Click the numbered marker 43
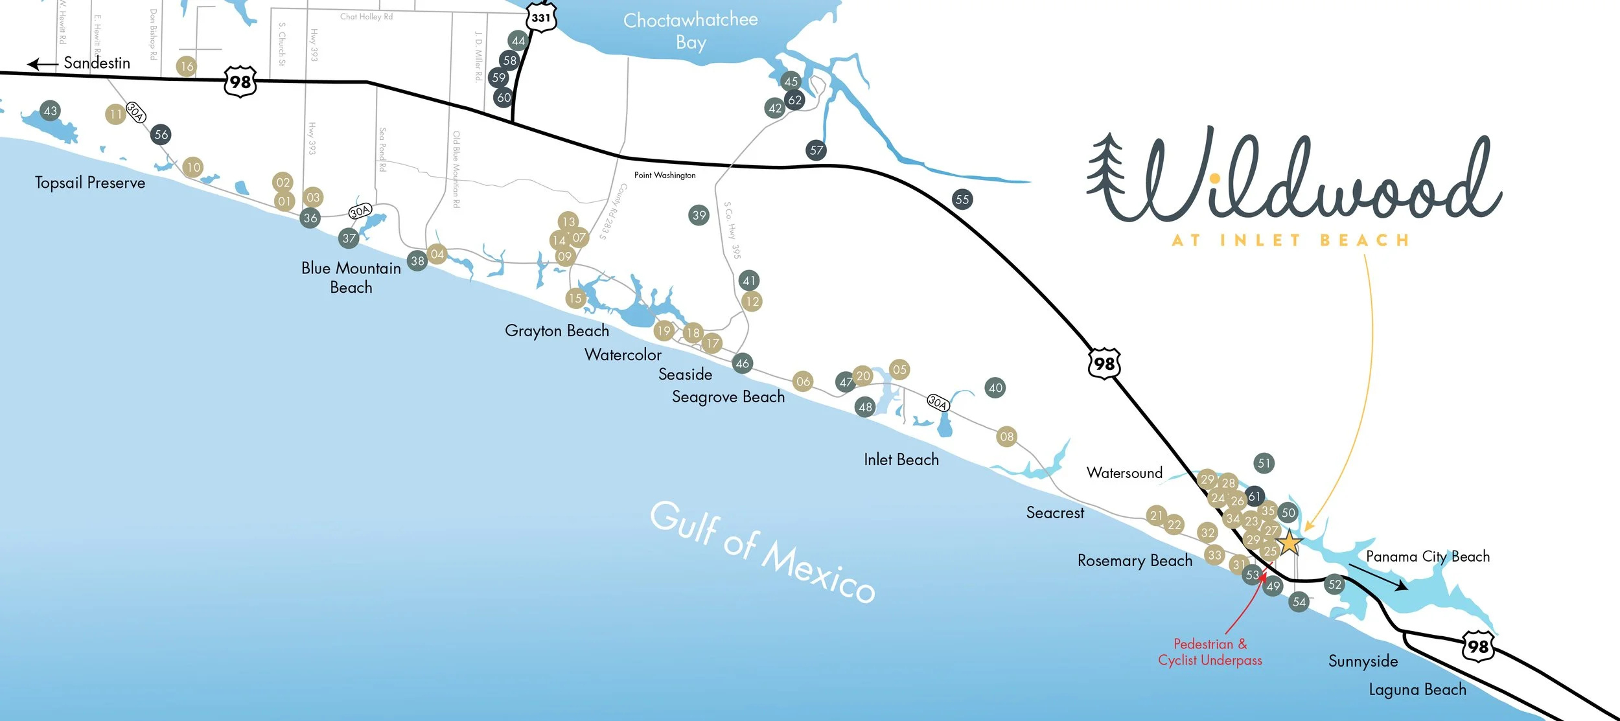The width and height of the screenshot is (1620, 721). pyautogui.click(x=50, y=111)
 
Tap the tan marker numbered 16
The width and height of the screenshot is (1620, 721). pyautogui.click(x=187, y=66)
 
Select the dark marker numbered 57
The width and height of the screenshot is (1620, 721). pyautogui.click(x=816, y=150)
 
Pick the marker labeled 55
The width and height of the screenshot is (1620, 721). pyautogui.click(x=962, y=200)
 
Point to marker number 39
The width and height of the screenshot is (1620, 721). pyautogui.click(x=699, y=215)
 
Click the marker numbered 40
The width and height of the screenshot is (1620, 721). pyautogui.click(x=995, y=388)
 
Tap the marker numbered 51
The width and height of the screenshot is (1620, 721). pyautogui.click(x=1264, y=463)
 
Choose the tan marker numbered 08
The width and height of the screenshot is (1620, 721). pyautogui.click(x=1006, y=437)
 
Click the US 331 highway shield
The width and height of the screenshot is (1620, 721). pyautogui.click(x=541, y=17)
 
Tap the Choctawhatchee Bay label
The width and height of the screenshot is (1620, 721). pyautogui.click(x=691, y=31)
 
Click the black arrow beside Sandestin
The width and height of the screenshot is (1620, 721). pyautogui.click(x=43, y=64)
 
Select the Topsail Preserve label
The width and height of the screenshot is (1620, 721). pyautogui.click(x=90, y=183)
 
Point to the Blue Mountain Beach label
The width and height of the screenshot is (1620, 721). pyautogui.click(x=351, y=277)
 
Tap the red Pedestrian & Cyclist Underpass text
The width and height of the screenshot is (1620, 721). pyautogui.click(x=1210, y=652)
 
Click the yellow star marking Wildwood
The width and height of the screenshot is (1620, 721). pyautogui.click(x=1290, y=543)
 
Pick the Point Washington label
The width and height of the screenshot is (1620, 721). pyautogui.click(x=665, y=175)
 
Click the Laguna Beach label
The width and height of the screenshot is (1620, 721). pyautogui.click(x=1417, y=690)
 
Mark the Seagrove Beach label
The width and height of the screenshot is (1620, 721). pyautogui.click(x=728, y=396)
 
